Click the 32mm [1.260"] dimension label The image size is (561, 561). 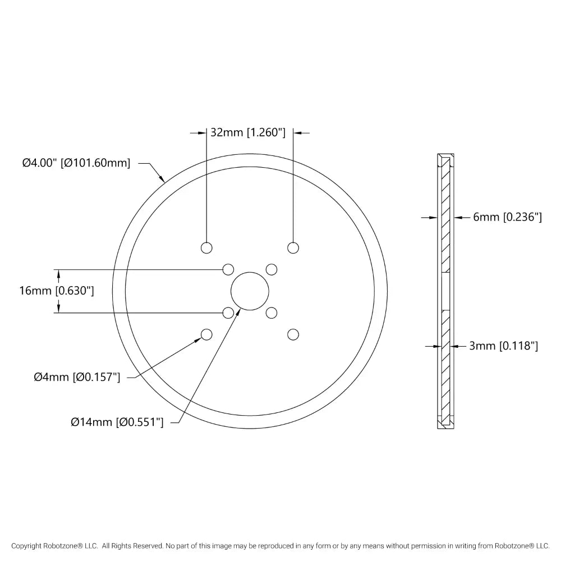(x=248, y=133)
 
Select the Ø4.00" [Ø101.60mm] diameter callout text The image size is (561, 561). (x=76, y=163)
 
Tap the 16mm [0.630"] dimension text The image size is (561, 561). (x=57, y=291)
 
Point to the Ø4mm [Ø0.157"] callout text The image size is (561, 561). (x=77, y=377)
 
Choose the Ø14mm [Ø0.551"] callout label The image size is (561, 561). (x=117, y=422)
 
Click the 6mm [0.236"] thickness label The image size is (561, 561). (x=507, y=217)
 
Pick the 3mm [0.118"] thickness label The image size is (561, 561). (x=503, y=346)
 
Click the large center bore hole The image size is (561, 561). (x=250, y=291)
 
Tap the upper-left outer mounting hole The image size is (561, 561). (x=206, y=248)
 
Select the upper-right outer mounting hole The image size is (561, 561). (x=293, y=248)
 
